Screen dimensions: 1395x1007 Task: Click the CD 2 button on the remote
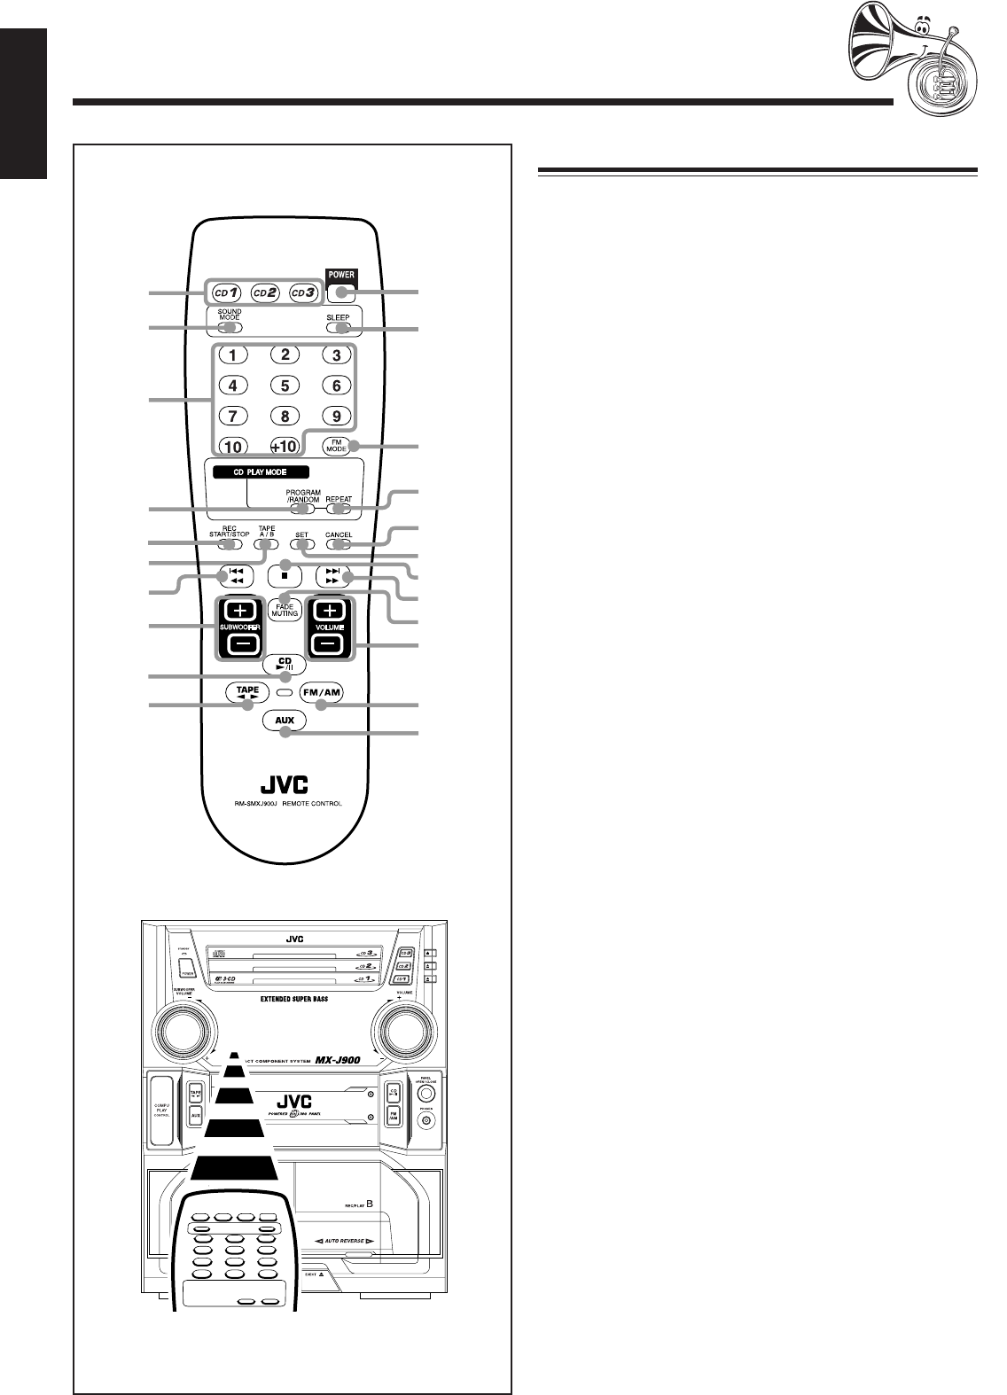(265, 291)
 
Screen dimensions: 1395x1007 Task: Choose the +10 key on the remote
(285, 446)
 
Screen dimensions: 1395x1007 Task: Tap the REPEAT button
(338, 510)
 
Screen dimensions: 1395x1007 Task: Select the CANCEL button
(338, 544)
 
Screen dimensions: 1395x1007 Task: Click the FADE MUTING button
(285, 610)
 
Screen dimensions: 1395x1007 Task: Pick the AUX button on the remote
(285, 721)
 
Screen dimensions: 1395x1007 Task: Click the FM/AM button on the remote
(321, 692)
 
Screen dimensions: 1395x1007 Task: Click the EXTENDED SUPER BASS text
(297, 997)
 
